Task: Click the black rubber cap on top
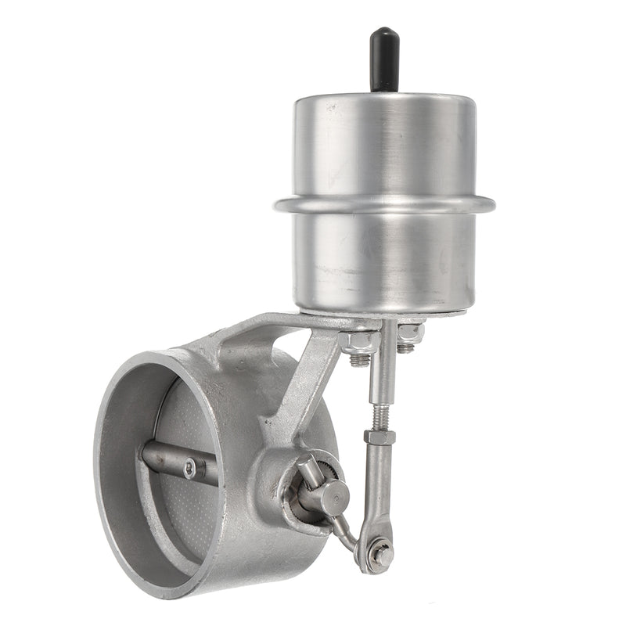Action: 384,58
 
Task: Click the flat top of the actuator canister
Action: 384,102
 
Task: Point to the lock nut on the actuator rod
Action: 380,437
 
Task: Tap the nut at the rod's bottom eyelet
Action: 381,554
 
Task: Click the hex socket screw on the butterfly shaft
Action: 190,469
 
